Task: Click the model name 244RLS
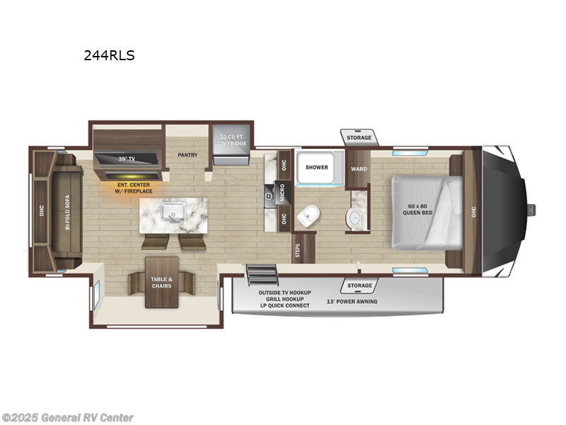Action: point(109,55)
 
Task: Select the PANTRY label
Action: point(187,155)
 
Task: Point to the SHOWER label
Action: point(316,167)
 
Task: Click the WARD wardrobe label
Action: point(359,169)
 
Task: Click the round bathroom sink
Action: point(354,220)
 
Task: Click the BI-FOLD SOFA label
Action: point(68,211)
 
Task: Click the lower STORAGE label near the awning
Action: point(359,285)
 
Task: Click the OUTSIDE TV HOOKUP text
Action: point(284,292)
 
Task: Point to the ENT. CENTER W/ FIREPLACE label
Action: point(132,187)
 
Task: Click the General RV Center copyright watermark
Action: point(68,418)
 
